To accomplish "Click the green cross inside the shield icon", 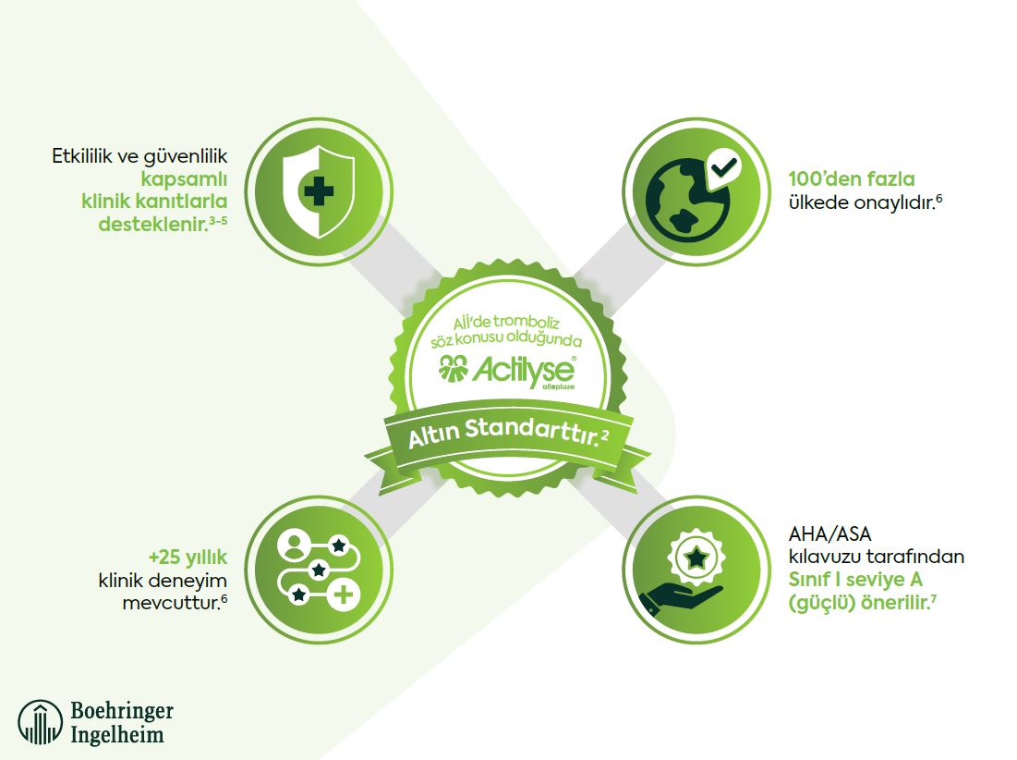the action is point(319,190).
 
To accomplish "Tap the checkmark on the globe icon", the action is point(724,166).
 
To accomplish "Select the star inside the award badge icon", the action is point(696,557).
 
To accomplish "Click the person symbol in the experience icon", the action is point(295,545).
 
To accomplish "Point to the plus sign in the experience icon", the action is point(343,594).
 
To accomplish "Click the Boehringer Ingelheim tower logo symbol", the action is point(41,722).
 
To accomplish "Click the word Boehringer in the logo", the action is point(122,711).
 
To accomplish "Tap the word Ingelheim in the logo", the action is point(116,735).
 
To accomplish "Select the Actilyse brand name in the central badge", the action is point(523,370).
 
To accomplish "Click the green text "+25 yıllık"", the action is point(188,558).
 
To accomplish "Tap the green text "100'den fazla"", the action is point(852,178).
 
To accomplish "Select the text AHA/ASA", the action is point(829,534).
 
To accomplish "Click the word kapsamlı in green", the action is point(184,179).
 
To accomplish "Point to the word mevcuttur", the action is point(171,603).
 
